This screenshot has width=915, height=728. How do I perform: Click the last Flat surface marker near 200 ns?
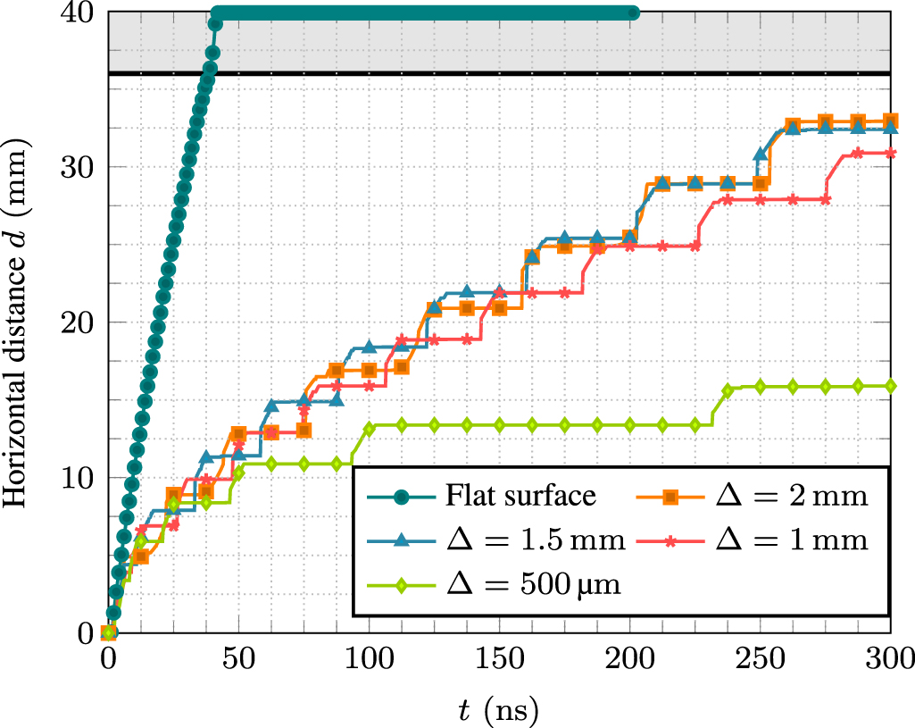633,13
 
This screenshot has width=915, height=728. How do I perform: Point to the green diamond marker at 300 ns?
890,386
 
